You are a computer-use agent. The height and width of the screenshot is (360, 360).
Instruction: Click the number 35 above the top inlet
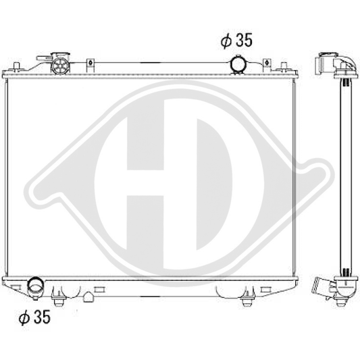[x=244, y=41]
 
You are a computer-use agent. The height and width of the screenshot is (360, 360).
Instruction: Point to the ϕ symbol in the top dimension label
[x=226, y=41]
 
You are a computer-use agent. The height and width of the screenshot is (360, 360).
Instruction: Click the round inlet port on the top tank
[x=238, y=63]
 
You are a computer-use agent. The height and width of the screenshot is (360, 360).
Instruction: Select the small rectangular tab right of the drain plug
[x=99, y=288]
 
